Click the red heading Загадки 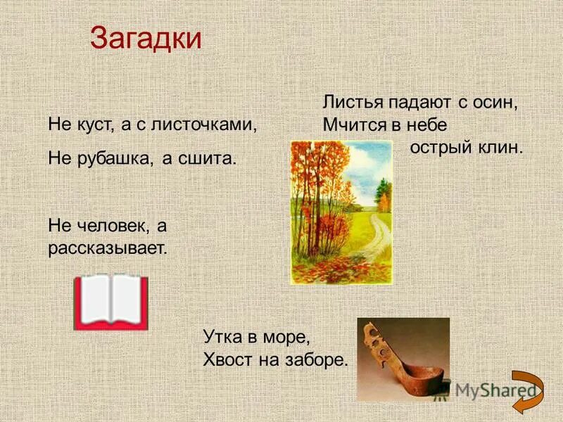(146, 39)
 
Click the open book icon (111, 302)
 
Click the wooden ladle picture (403, 359)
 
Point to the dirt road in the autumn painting (373, 243)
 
